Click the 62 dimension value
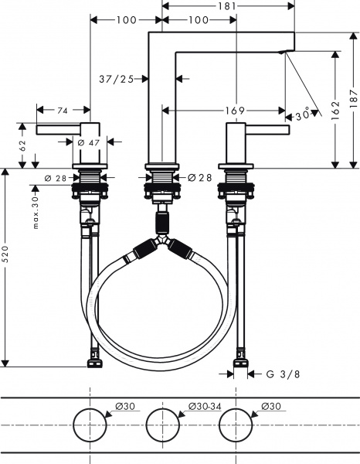(x=23, y=145)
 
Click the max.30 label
(x=36, y=209)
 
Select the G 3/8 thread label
(x=282, y=374)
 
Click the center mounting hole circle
(x=162, y=425)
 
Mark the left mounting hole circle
(x=90, y=425)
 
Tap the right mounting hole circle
(x=236, y=425)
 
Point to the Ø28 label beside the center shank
(x=199, y=178)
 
